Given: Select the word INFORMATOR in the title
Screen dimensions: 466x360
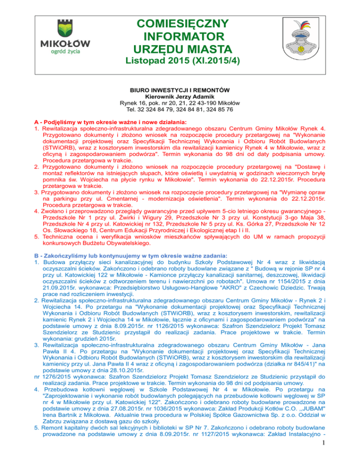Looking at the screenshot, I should tap(180, 36).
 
